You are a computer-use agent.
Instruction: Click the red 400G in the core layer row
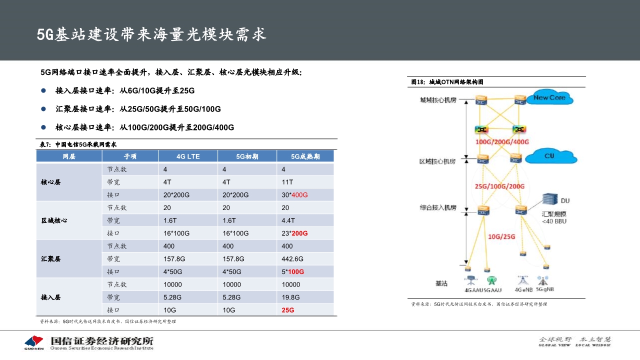pos(299,194)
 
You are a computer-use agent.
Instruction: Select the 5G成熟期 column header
pos(305,156)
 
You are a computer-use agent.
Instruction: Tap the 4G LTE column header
pos(188,156)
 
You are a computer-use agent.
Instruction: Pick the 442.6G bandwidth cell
pos(292,258)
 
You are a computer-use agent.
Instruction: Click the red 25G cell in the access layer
pos(288,310)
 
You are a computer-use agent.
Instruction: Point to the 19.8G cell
pos(290,297)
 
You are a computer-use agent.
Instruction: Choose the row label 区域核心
pos(54,220)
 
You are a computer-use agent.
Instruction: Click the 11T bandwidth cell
pos(287,182)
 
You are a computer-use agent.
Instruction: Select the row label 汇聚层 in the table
pos(51,259)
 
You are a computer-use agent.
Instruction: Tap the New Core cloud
pos(549,98)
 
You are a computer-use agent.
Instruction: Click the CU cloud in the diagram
pos(549,156)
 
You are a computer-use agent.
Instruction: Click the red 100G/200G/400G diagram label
pos(501,142)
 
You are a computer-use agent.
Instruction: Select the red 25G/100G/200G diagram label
pos(499,186)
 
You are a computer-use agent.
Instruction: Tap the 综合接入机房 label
pos(438,207)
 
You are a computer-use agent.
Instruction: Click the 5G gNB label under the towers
pos(544,289)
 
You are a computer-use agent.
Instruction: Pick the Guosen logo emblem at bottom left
pos(34,342)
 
